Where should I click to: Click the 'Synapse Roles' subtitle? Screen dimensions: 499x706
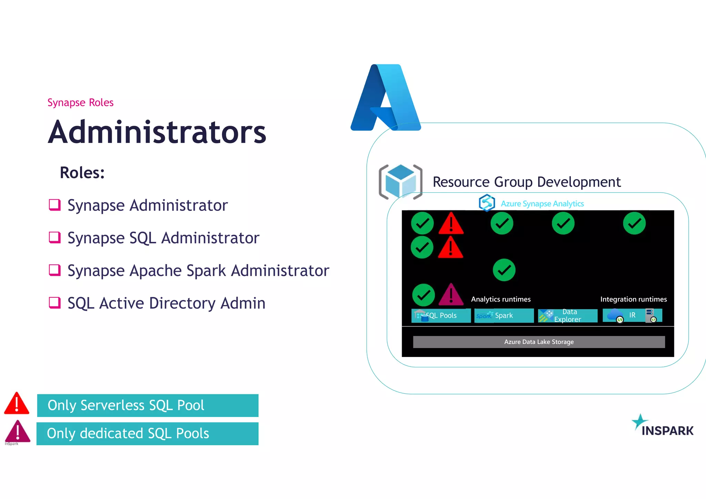[80, 103]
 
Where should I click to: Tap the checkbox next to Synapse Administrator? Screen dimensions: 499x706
[54, 205]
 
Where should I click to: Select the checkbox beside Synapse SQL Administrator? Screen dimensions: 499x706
[54, 237]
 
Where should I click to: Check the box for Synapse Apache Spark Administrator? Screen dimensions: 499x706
[54, 270]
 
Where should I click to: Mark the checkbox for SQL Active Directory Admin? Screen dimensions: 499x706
[54, 303]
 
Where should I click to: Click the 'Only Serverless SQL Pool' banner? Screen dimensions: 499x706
[148, 405]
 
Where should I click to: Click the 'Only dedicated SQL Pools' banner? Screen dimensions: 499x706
[148, 434]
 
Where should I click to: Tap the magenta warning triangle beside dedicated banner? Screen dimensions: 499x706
[18, 431]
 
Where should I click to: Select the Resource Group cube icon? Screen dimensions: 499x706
[400, 182]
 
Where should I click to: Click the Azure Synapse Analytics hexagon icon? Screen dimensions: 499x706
[487, 203]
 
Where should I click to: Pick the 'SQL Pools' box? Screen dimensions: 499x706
[441, 315]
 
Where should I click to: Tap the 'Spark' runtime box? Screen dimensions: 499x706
[504, 315]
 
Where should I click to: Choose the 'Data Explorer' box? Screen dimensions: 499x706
[567, 315]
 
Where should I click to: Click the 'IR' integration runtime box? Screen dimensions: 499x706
[632, 315]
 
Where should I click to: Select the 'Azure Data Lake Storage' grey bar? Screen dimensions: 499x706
[539, 342]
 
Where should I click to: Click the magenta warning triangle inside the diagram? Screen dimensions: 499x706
[451, 295]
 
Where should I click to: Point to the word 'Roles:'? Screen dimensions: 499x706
[82, 173]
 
